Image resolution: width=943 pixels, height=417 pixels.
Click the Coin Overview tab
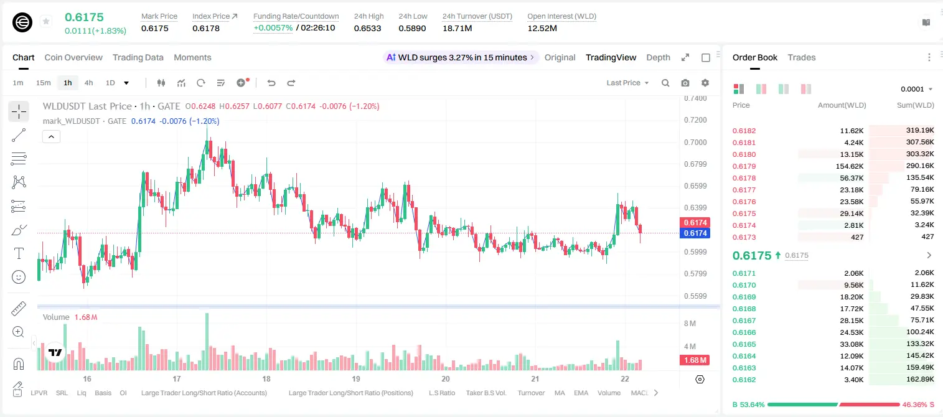(73, 57)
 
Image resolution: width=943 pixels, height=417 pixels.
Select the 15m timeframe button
(43, 83)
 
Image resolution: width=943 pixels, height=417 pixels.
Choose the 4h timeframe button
(88, 83)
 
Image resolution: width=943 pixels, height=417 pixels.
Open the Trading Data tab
(138, 57)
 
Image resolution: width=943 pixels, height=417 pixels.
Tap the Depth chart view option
(658, 57)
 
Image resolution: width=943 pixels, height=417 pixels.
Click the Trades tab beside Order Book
(802, 57)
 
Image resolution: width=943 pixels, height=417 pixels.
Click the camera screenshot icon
(685, 83)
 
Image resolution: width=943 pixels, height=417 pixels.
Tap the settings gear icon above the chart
(705, 83)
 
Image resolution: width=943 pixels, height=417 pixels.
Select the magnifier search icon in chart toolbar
(665, 83)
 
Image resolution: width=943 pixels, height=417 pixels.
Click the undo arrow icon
(271, 83)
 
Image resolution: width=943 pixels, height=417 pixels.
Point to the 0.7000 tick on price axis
(695, 143)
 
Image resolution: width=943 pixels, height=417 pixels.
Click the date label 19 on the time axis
(356, 378)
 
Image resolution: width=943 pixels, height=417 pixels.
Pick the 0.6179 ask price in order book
(744, 166)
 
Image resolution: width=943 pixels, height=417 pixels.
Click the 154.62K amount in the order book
(850, 166)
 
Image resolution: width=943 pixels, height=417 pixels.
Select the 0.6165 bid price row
(744, 344)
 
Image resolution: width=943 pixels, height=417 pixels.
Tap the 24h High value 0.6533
(367, 28)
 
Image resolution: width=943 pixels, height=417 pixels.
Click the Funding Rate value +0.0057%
(273, 28)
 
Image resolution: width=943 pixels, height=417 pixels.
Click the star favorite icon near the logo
(46, 21)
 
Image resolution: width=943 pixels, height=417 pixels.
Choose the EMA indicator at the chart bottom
(581, 393)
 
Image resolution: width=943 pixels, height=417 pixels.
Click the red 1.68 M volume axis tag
(695, 360)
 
